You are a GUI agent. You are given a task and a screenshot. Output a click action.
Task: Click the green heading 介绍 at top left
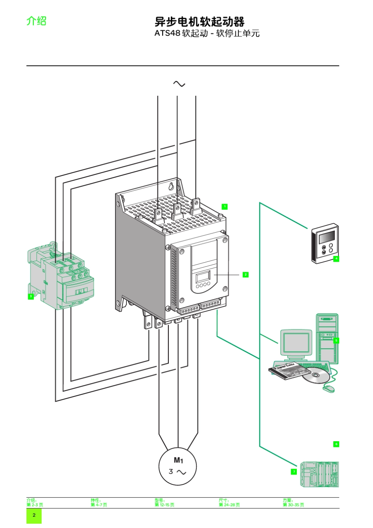pos(36,20)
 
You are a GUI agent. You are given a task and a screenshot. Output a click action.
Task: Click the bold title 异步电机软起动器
pos(199,21)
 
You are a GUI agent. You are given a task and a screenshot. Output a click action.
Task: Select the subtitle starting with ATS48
pos(207,33)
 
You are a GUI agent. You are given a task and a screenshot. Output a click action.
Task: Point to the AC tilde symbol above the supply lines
pos(179,84)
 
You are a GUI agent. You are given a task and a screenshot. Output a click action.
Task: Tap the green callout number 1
pos(225,206)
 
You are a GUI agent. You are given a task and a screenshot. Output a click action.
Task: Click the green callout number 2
pos(245,274)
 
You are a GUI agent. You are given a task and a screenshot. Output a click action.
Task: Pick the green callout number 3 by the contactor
pos(31,296)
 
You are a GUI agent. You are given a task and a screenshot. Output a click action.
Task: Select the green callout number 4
pos(336,259)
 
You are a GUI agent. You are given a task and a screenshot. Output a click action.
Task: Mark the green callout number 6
pos(336,444)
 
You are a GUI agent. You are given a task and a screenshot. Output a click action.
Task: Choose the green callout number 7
pos(294,471)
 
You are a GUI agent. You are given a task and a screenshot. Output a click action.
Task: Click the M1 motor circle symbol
pos(177,467)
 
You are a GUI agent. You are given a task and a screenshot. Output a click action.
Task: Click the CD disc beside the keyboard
pos(316,376)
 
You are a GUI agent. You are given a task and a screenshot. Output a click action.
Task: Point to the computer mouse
pos(329,389)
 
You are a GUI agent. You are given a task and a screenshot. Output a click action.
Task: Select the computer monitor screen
pos(296,342)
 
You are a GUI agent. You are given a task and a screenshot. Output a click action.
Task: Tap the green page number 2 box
pos(34,515)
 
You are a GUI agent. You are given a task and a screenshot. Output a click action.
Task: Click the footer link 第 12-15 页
pos(165,505)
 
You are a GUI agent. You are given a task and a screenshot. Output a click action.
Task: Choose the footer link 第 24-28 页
pos(229,505)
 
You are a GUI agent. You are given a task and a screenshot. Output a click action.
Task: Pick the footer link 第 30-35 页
pos(293,505)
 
